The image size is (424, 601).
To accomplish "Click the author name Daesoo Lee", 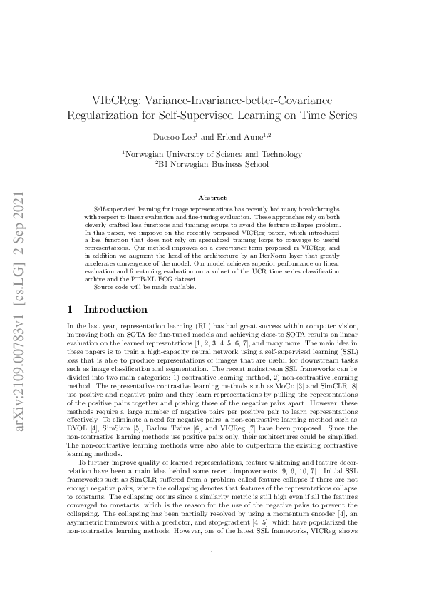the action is tap(171, 136).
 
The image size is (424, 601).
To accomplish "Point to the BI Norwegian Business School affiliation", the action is tap(212, 163).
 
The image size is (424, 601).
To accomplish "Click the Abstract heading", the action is tap(212, 193).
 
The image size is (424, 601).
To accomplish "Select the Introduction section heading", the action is tap(116, 310).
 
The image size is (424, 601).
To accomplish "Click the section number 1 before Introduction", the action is tap(69, 310).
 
